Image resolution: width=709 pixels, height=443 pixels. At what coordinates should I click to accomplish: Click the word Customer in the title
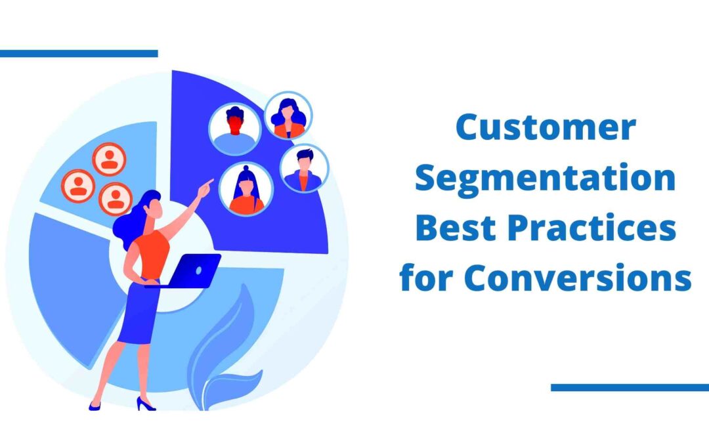tap(546, 127)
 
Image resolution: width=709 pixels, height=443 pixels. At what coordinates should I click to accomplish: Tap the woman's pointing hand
tap(205, 188)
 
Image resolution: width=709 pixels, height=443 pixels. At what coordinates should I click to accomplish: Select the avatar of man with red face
tap(234, 129)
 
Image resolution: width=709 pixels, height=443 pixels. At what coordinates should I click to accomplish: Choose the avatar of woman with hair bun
tap(246, 189)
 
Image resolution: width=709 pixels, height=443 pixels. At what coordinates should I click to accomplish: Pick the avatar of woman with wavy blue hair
tap(288, 116)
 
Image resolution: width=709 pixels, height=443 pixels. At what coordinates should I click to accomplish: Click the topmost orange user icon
tap(109, 159)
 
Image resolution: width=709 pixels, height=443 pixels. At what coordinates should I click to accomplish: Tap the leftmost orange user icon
tap(78, 186)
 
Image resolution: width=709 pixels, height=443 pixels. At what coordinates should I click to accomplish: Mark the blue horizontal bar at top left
tap(79, 53)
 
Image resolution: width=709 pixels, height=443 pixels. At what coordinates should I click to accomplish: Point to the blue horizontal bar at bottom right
tap(630, 387)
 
